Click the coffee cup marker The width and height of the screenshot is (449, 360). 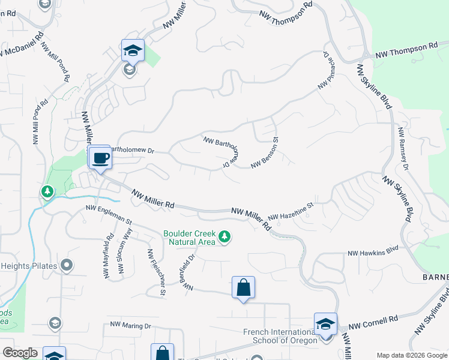(x=100, y=158)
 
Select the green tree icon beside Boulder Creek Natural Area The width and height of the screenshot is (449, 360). (x=224, y=237)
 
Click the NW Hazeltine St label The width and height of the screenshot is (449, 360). (x=291, y=211)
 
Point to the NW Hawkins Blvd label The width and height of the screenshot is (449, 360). (x=373, y=251)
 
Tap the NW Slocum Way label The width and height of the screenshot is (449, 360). (x=124, y=251)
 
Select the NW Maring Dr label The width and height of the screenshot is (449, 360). (x=131, y=325)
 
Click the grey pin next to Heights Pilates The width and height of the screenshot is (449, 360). (x=67, y=265)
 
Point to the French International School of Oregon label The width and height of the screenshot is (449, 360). (x=280, y=336)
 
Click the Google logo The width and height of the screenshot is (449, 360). (x=20, y=353)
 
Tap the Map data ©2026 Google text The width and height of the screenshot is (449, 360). (x=412, y=355)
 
